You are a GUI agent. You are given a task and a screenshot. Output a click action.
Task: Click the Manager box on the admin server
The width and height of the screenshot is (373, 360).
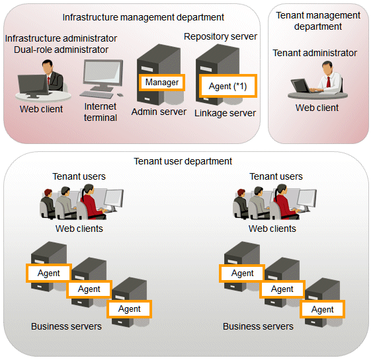[x=162, y=83]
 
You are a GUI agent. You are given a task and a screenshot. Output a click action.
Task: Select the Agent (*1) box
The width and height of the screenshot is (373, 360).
[x=228, y=86]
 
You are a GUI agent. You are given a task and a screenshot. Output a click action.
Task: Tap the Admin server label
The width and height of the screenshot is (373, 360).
[x=159, y=112]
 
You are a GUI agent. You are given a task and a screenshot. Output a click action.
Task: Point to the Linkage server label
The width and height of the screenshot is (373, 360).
[x=225, y=113]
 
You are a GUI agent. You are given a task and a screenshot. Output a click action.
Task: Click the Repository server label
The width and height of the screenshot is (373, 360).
[x=220, y=36]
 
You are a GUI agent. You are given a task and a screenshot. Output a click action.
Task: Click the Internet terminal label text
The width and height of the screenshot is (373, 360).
[x=101, y=112]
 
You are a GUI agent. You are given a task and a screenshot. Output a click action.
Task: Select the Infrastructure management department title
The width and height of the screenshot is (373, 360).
[x=144, y=17]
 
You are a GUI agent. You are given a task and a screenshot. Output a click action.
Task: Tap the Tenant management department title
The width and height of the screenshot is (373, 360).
[x=318, y=21]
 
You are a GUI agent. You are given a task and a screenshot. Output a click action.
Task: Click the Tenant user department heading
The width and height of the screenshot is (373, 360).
[x=183, y=161]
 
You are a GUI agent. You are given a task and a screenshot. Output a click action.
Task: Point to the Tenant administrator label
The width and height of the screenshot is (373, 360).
[x=315, y=53]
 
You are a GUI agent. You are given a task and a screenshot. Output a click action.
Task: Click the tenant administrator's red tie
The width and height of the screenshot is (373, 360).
[x=329, y=82]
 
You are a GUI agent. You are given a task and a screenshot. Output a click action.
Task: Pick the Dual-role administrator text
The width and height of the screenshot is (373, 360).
[x=61, y=50]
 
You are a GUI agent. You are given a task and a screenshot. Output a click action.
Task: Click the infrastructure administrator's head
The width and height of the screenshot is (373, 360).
[x=48, y=67]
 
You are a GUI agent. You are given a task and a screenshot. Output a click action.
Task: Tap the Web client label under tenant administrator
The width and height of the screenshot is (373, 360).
[x=317, y=108]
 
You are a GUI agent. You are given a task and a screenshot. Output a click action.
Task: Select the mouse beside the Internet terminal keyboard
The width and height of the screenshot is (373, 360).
[x=120, y=95]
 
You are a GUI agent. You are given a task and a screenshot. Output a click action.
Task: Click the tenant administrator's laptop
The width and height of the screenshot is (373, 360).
[x=301, y=86]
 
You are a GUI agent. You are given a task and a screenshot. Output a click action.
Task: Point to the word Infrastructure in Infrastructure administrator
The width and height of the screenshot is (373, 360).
[x=30, y=38]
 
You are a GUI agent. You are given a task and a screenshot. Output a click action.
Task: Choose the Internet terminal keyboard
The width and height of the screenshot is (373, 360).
[x=97, y=94]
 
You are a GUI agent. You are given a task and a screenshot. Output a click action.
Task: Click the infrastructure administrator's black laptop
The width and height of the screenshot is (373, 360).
[x=33, y=85]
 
